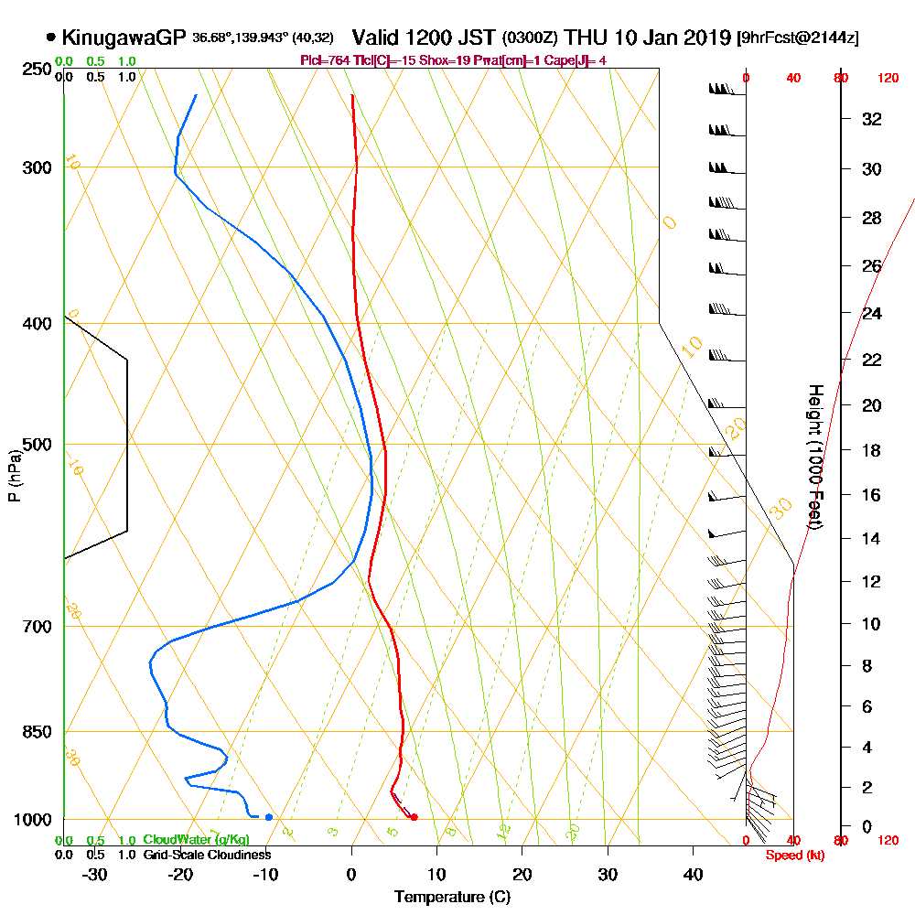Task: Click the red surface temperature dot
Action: [414, 817]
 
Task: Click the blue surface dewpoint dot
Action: [268, 817]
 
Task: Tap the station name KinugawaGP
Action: [124, 38]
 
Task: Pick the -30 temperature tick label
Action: [95, 874]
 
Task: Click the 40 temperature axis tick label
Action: [693, 874]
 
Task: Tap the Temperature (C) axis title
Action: [452, 898]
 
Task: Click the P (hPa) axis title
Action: [14, 475]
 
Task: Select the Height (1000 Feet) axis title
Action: [813, 457]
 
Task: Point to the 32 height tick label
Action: [872, 119]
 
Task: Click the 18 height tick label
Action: [872, 450]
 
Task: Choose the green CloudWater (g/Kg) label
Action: [196, 840]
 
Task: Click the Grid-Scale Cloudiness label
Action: [207, 855]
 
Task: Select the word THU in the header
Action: [586, 38]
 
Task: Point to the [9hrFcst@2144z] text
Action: [797, 38]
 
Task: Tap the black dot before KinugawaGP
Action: [51, 38]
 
